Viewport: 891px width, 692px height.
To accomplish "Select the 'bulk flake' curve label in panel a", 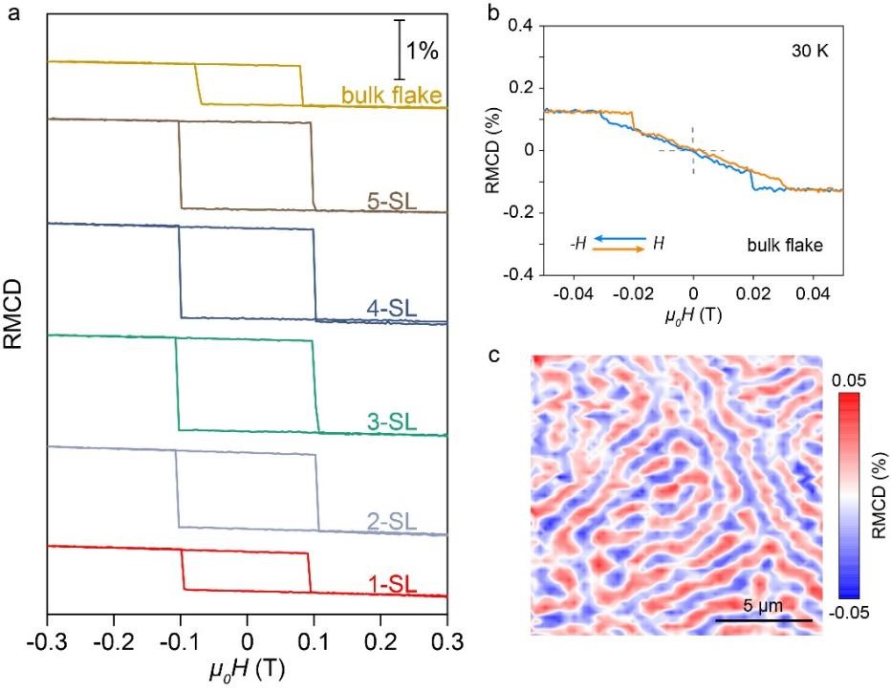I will pos(394,95).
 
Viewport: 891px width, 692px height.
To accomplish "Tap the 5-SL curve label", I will pos(395,201).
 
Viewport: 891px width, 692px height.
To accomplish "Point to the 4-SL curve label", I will pos(395,308).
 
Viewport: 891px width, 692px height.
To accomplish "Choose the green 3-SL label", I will pos(395,421).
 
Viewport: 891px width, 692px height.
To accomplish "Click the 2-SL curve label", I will pos(395,522).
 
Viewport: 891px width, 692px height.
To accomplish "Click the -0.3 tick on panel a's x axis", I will pos(47,638).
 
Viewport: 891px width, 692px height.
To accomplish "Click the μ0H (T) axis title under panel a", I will pos(247,670).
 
